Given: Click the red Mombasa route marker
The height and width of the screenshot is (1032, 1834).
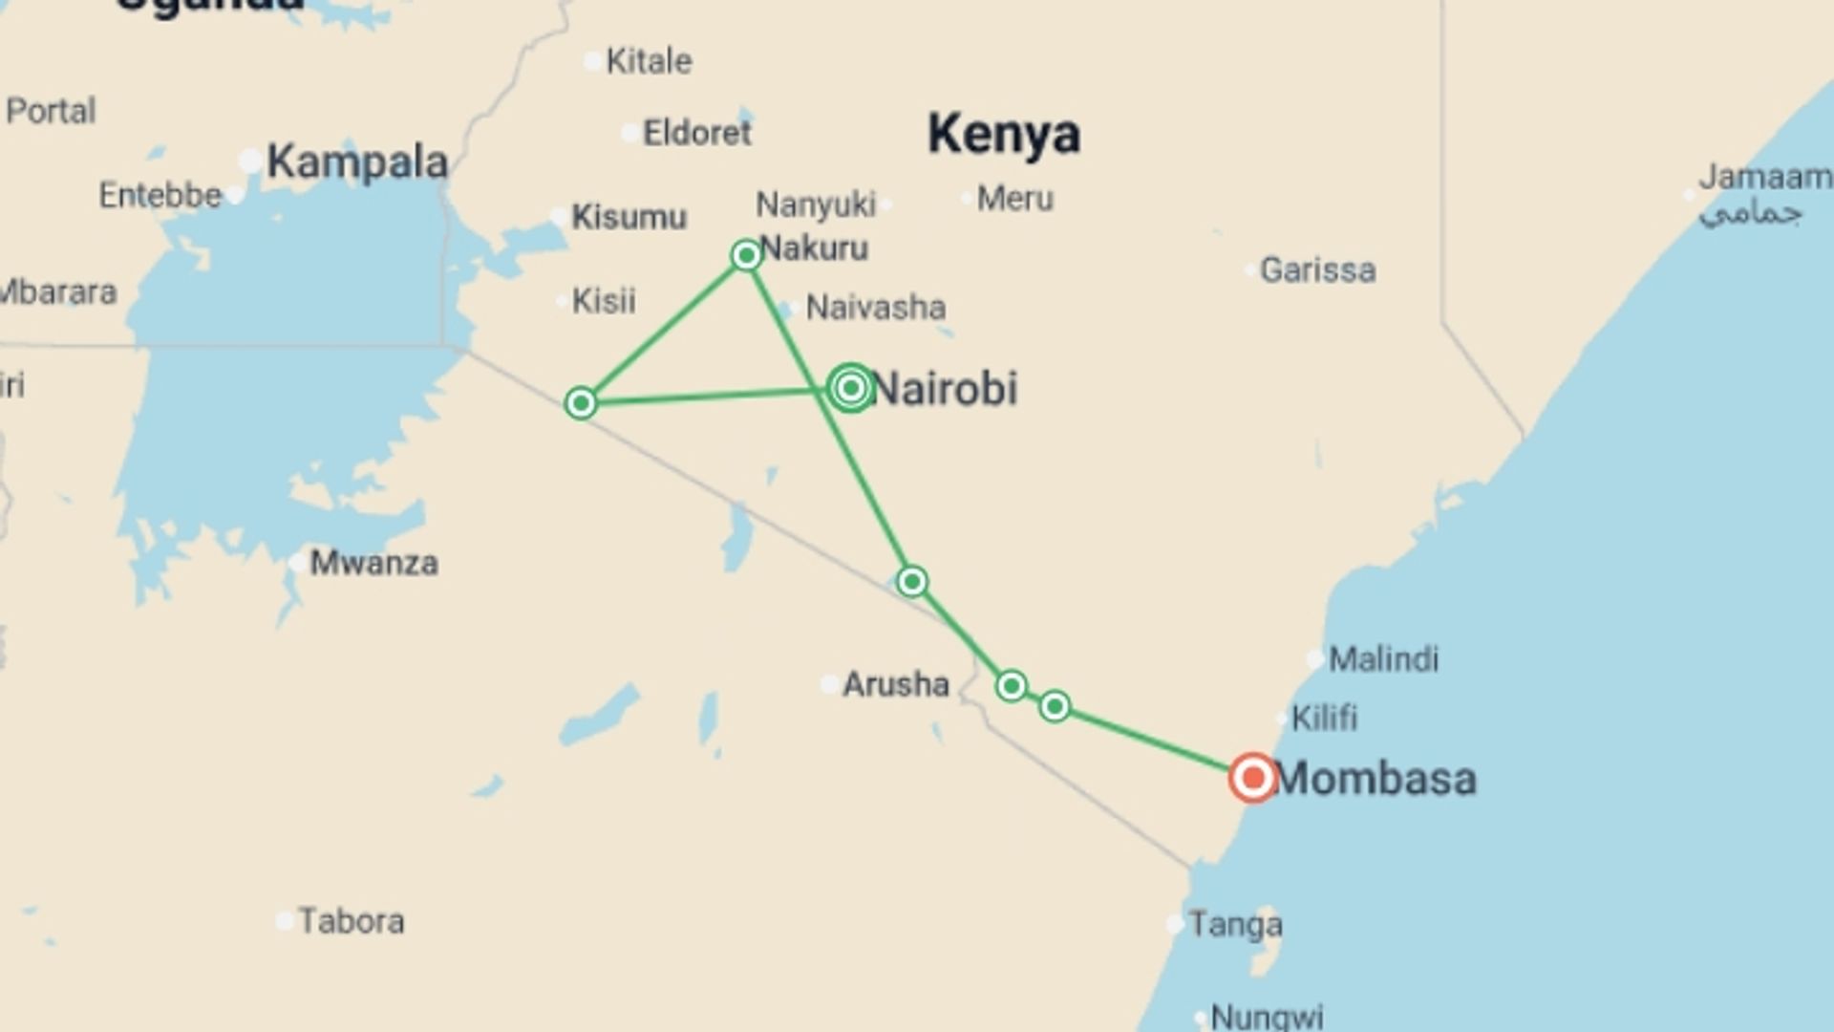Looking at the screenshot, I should [1252, 778].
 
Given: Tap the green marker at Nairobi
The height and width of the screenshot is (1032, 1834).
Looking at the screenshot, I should [850, 388].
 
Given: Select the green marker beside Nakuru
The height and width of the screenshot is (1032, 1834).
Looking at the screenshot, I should [746, 255].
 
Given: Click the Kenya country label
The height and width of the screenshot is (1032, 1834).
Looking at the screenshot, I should [1004, 134].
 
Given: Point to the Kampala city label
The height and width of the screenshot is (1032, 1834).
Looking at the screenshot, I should [357, 162].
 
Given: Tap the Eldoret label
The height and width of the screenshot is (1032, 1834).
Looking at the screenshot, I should [697, 133].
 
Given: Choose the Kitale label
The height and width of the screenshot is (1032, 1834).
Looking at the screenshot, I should [650, 61].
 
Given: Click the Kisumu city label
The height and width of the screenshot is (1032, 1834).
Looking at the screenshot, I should [629, 217].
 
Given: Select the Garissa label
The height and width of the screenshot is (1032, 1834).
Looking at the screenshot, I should [1317, 270].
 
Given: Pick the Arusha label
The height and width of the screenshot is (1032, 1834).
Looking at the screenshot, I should [895, 684].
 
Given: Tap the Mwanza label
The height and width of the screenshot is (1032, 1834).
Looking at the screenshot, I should [373, 563].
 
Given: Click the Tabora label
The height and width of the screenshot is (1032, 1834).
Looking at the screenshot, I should [352, 921].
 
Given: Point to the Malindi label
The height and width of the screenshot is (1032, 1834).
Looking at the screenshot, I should [1383, 658].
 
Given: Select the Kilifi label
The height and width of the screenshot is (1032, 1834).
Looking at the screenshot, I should [1324, 718].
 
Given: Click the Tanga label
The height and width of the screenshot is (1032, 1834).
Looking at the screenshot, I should [1235, 924].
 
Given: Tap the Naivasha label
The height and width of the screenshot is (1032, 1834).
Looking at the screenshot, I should [876, 308].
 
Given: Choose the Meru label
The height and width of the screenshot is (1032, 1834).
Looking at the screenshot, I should [1014, 199].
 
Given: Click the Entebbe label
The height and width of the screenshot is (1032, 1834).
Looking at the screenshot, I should [160, 196].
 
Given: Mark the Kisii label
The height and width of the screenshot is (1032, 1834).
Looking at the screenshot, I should [604, 301].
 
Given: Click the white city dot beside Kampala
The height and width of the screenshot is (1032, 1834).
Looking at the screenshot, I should [250, 161].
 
